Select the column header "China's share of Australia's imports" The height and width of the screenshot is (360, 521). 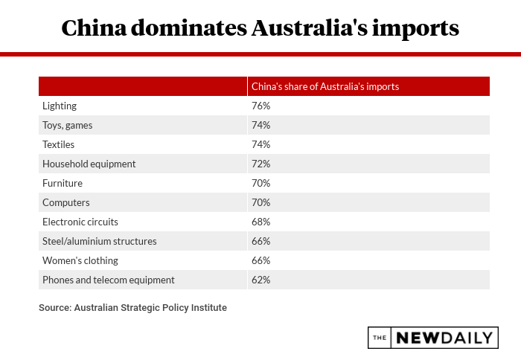point(325,86)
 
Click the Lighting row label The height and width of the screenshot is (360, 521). point(60,106)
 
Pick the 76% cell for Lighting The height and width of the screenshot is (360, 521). point(260,106)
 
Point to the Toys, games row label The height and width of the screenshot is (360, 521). point(68,125)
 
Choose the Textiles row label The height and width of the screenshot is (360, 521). point(59,144)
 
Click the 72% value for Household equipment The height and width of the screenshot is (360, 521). point(260,164)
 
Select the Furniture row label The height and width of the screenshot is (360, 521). point(63,183)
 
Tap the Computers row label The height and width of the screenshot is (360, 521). point(66,202)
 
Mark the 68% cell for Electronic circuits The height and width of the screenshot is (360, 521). point(260,222)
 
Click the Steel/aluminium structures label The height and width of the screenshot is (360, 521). point(100,241)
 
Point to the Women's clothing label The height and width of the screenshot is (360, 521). point(80,260)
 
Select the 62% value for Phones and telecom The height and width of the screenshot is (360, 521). point(260,280)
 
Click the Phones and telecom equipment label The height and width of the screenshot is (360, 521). point(109,280)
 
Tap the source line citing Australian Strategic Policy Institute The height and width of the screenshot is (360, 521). point(132,307)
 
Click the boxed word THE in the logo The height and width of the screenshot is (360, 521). point(380,338)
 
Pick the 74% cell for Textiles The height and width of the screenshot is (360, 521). point(260,144)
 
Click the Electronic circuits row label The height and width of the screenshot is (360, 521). point(80,222)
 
